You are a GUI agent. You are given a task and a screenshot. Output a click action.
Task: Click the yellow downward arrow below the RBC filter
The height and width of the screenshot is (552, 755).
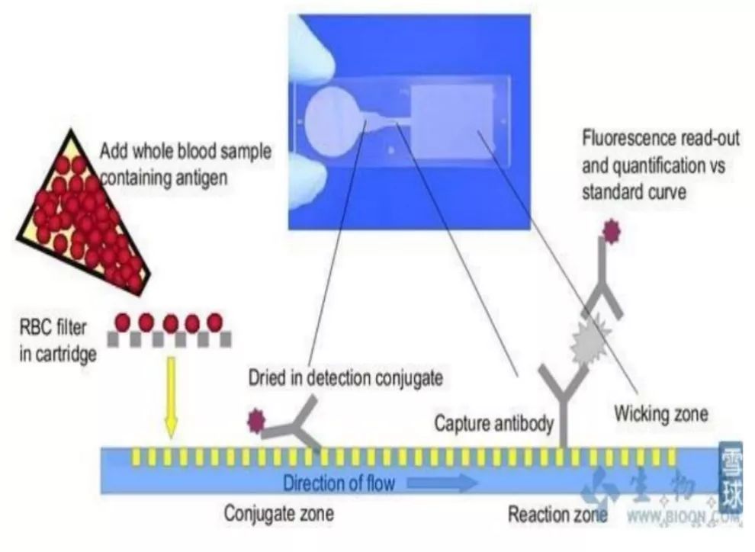click(171, 397)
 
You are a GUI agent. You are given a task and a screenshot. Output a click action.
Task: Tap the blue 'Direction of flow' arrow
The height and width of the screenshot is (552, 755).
click(442, 482)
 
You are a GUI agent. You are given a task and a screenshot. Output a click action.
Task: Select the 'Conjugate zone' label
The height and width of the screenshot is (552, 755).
click(279, 514)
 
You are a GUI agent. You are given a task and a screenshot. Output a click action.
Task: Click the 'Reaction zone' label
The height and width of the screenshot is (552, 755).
click(557, 515)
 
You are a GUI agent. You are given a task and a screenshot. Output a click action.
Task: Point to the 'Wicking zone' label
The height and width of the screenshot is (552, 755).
click(661, 414)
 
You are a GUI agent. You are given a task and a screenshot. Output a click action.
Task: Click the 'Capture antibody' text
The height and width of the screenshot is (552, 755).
click(494, 423)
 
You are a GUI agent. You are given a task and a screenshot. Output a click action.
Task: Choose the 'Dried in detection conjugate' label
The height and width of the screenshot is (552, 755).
click(345, 378)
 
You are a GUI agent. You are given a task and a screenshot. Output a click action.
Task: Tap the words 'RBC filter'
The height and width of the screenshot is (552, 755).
click(53, 327)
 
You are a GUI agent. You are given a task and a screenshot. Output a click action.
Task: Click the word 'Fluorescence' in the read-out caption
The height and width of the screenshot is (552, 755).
click(627, 139)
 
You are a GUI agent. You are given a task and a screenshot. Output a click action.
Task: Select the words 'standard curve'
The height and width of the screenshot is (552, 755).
click(634, 192)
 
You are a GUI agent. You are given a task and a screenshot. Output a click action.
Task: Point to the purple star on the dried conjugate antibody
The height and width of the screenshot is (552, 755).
click(255, 421)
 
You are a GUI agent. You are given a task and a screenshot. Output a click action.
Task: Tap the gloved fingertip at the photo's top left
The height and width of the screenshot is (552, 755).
click(313, 46)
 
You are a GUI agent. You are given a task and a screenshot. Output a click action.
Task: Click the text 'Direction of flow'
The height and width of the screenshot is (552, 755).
click(339, 483)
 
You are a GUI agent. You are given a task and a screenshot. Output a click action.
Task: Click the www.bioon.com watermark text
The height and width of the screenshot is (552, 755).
click(683, 517)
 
